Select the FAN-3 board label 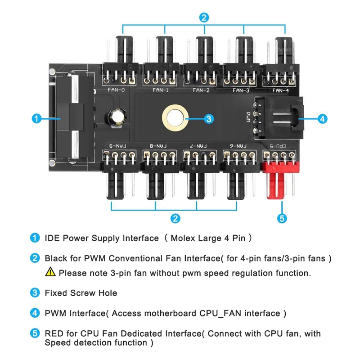241,90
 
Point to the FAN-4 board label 280,90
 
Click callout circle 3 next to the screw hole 209,119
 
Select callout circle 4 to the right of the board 322,119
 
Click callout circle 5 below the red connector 281,219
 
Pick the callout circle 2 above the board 204,18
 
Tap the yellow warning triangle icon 50,272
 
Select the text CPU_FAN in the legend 218,313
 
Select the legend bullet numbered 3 35,292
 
